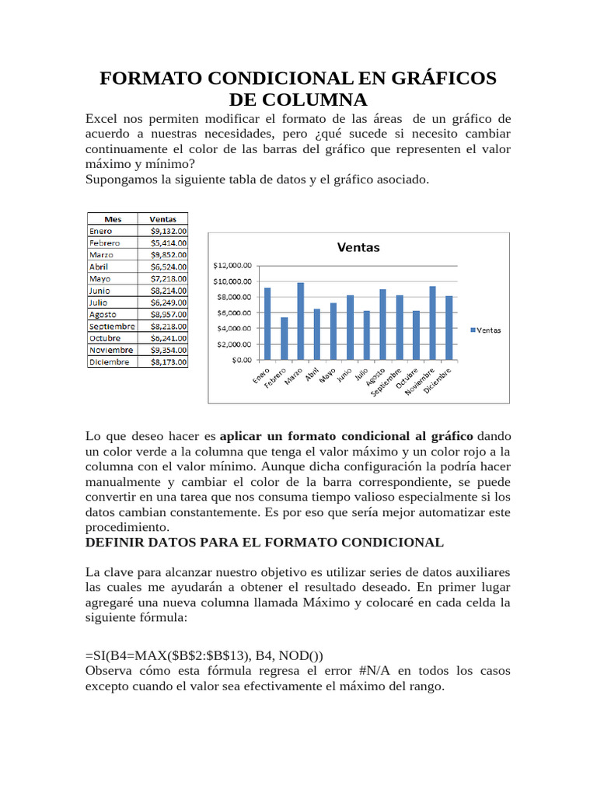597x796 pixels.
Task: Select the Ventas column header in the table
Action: click(162, 219)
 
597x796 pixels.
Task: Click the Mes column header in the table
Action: click(112, 219)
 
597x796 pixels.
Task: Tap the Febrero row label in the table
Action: click(105, 243)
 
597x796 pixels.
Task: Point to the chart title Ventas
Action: click(358, 247)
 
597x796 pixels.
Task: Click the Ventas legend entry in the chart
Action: click(486, 330)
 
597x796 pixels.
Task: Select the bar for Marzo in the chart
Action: click(300, 321)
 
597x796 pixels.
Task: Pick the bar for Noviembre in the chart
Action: click(432, 323)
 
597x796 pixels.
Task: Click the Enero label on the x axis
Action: click(262, 375)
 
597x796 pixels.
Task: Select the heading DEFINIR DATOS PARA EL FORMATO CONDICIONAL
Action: click(264, 542)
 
